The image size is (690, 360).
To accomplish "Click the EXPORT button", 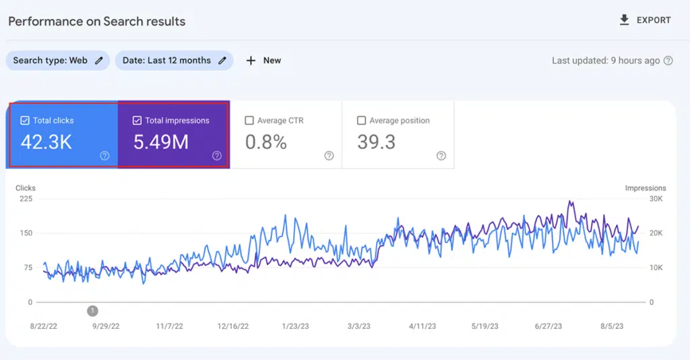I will point(645,20).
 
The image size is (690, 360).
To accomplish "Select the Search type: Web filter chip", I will point(58,61).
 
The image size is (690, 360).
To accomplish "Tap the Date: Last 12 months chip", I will point(174,61).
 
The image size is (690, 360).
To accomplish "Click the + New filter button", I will point(263,61).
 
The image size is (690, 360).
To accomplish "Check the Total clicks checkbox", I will point(25,121).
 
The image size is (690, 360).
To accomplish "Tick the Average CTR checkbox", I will point(249,121).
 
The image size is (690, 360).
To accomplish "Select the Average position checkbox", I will point(361,121).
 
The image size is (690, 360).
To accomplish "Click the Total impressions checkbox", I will point(137,121).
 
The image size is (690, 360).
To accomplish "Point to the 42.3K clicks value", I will point(46,142).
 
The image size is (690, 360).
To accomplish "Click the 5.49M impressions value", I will point(161,142).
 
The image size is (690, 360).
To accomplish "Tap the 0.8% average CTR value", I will point(265,142).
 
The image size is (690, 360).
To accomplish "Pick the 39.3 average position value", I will point(376,142).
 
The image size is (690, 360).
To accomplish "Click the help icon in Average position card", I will point(441,156).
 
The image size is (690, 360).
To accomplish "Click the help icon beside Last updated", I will point(668,61).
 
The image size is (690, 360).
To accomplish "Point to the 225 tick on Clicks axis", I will point(26,199).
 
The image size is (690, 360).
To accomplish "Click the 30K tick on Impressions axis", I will point(656,199).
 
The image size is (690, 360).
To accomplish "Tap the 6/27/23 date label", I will point(552,326).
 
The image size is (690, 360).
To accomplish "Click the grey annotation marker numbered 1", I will point(93,311).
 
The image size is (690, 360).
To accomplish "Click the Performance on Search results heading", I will point(96,21).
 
